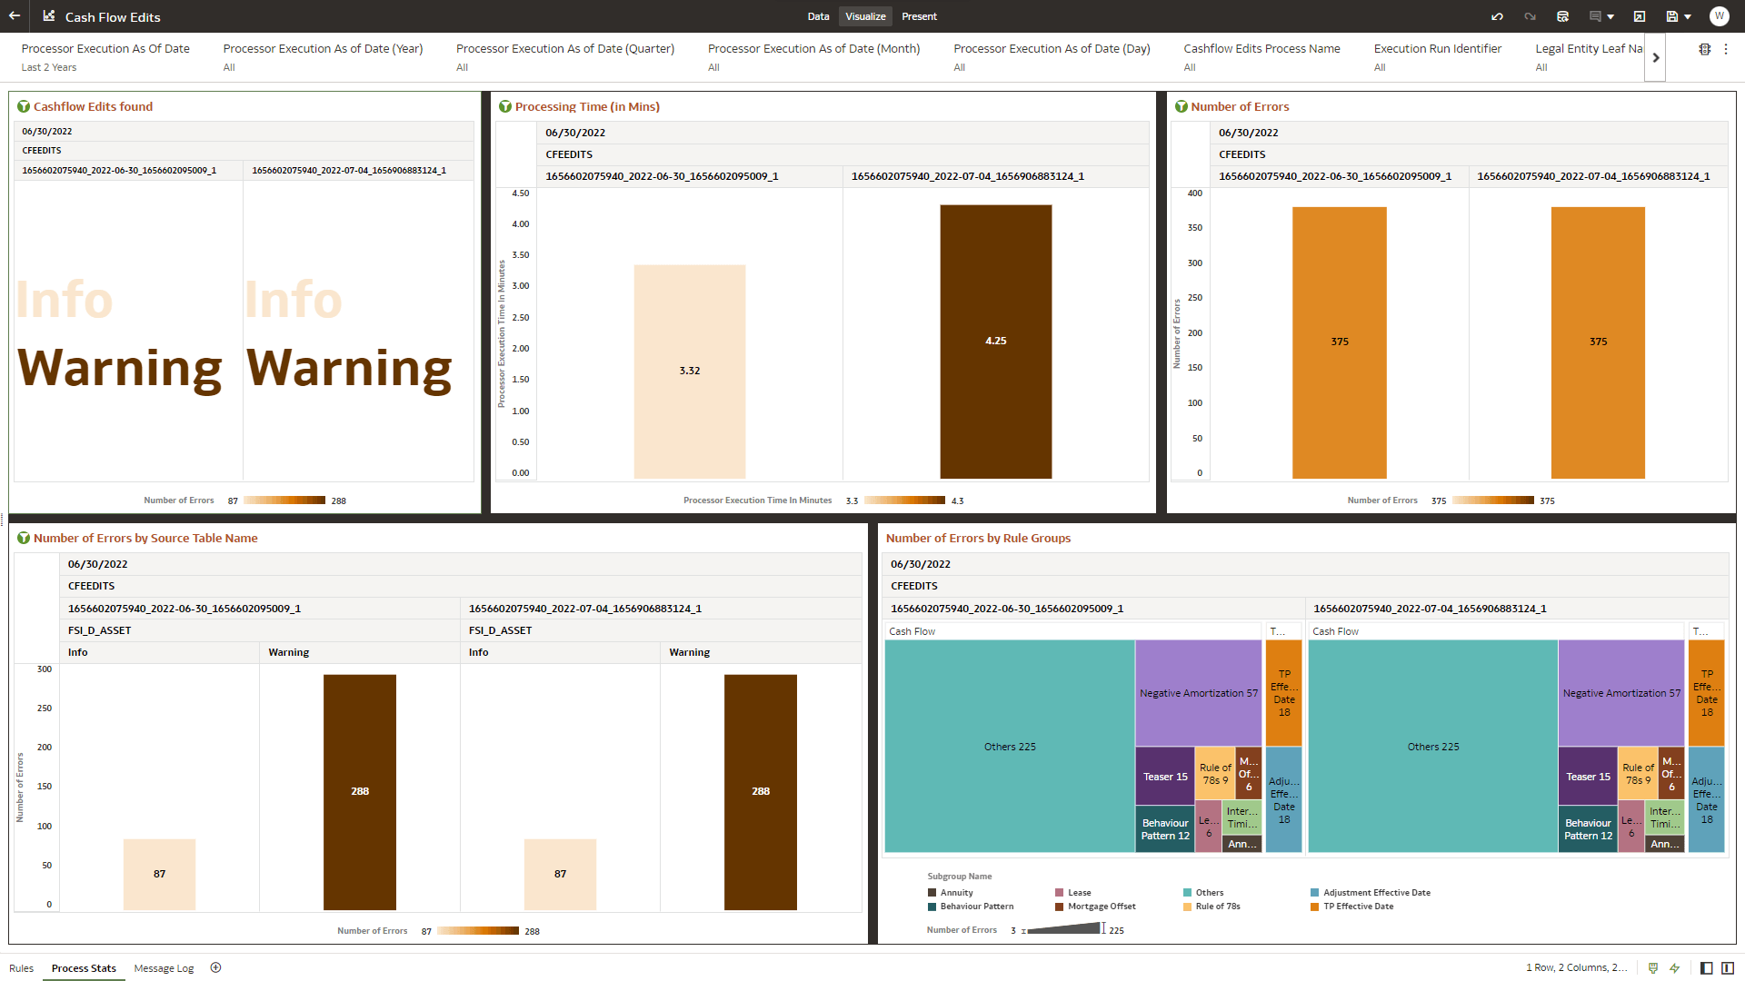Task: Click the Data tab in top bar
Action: tap(818, 16)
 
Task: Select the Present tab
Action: tap(919, 16)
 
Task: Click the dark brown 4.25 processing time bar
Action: tap(995, 342)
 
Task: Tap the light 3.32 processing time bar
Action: tap(689, 371)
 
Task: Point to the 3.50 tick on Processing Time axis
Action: tap(520, 255)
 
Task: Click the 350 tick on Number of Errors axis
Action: tap(1194, 228)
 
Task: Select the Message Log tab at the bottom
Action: tap(164, 968)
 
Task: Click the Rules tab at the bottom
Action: tap(21, 968)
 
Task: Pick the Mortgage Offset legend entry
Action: tap(1101, 907)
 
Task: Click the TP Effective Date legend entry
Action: tap(1357, 907)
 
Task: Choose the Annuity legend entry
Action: tap(955, 893)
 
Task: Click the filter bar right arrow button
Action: tap(1655, 57)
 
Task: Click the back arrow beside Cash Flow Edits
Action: tap(15, 16)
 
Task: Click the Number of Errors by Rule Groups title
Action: tap(978, 538)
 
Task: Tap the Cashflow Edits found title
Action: tap(93, 106)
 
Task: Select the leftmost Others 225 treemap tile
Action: tap(1009, 747)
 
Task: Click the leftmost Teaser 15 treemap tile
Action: tap(1164, 777)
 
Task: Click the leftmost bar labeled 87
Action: tap(159, 874)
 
